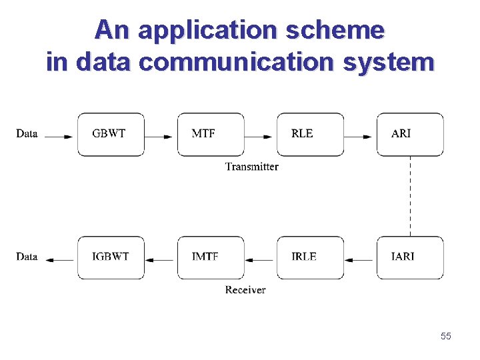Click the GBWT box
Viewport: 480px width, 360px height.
111,134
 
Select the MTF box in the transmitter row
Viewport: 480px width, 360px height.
211,134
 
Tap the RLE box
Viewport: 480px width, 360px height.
311,134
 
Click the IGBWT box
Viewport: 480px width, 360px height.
111,257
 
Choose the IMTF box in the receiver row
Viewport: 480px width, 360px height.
211,257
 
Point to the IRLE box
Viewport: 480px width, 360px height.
311,257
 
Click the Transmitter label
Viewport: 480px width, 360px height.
251,167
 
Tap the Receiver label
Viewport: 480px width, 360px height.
245,290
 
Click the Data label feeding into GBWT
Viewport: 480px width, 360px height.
27,134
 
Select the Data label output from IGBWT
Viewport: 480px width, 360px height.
27,257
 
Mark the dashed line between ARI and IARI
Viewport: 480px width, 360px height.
411,196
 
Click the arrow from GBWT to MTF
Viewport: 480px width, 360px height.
160,137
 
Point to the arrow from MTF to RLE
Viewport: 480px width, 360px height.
260,137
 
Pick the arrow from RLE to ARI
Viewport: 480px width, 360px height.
360,137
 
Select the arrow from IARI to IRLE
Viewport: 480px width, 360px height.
360,260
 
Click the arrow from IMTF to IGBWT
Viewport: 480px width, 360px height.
160,260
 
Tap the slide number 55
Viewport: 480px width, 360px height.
445,337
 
